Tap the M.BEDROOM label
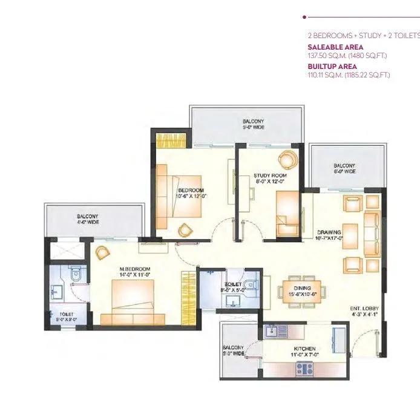pos(134,269)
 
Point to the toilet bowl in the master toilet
pos(76,275)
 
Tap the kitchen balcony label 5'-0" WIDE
pos(233,350)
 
